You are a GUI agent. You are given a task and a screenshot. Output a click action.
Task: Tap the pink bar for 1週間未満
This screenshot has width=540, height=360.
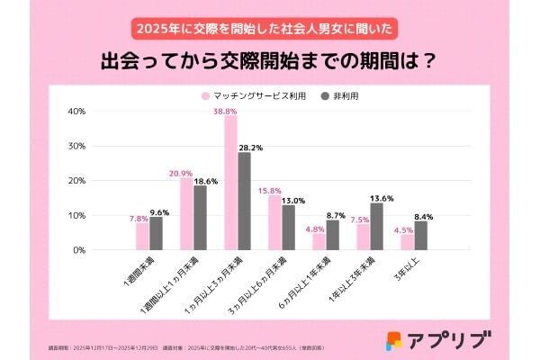tap(142, 237)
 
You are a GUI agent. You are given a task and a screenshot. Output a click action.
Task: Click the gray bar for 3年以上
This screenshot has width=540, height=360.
tap(420, 236)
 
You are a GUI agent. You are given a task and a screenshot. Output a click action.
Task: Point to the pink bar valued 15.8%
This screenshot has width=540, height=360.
tap(274, 222)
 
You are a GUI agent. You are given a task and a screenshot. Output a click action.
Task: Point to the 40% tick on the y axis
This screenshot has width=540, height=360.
tap(76, 111)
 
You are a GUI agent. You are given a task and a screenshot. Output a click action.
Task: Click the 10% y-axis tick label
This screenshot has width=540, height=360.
tap(76, 215)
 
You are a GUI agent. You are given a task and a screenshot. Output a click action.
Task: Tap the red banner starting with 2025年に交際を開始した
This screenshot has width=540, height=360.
tap(269, 27)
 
